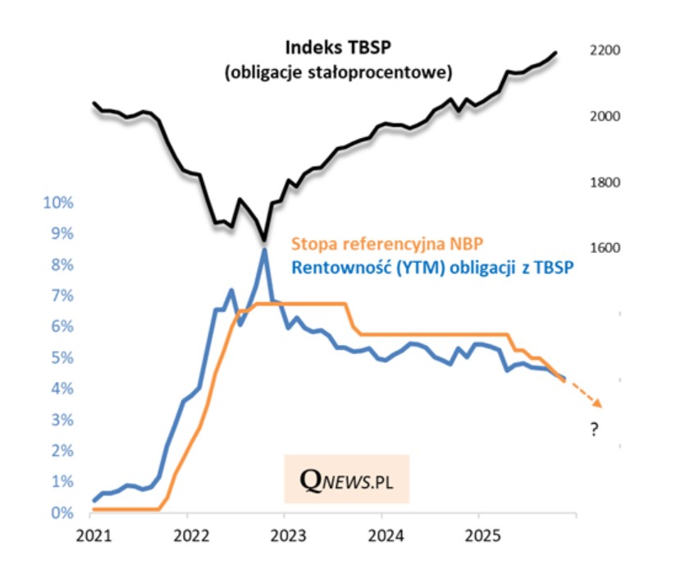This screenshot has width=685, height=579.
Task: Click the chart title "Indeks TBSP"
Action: click(x=337, y=47)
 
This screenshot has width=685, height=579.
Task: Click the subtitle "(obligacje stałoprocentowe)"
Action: click(x=338, y=73)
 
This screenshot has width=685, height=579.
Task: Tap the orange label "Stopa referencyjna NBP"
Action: click(x=387, y=243)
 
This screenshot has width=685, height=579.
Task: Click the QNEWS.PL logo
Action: click(x=346, y=478)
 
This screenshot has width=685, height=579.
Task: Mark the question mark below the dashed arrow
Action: click(x=594, y=430)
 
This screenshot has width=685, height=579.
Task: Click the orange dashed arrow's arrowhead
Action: click(x=599, y=403)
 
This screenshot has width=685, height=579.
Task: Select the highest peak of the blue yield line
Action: click(x=264, y=250)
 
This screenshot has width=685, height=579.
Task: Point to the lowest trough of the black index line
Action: click(x=264, y=240)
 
